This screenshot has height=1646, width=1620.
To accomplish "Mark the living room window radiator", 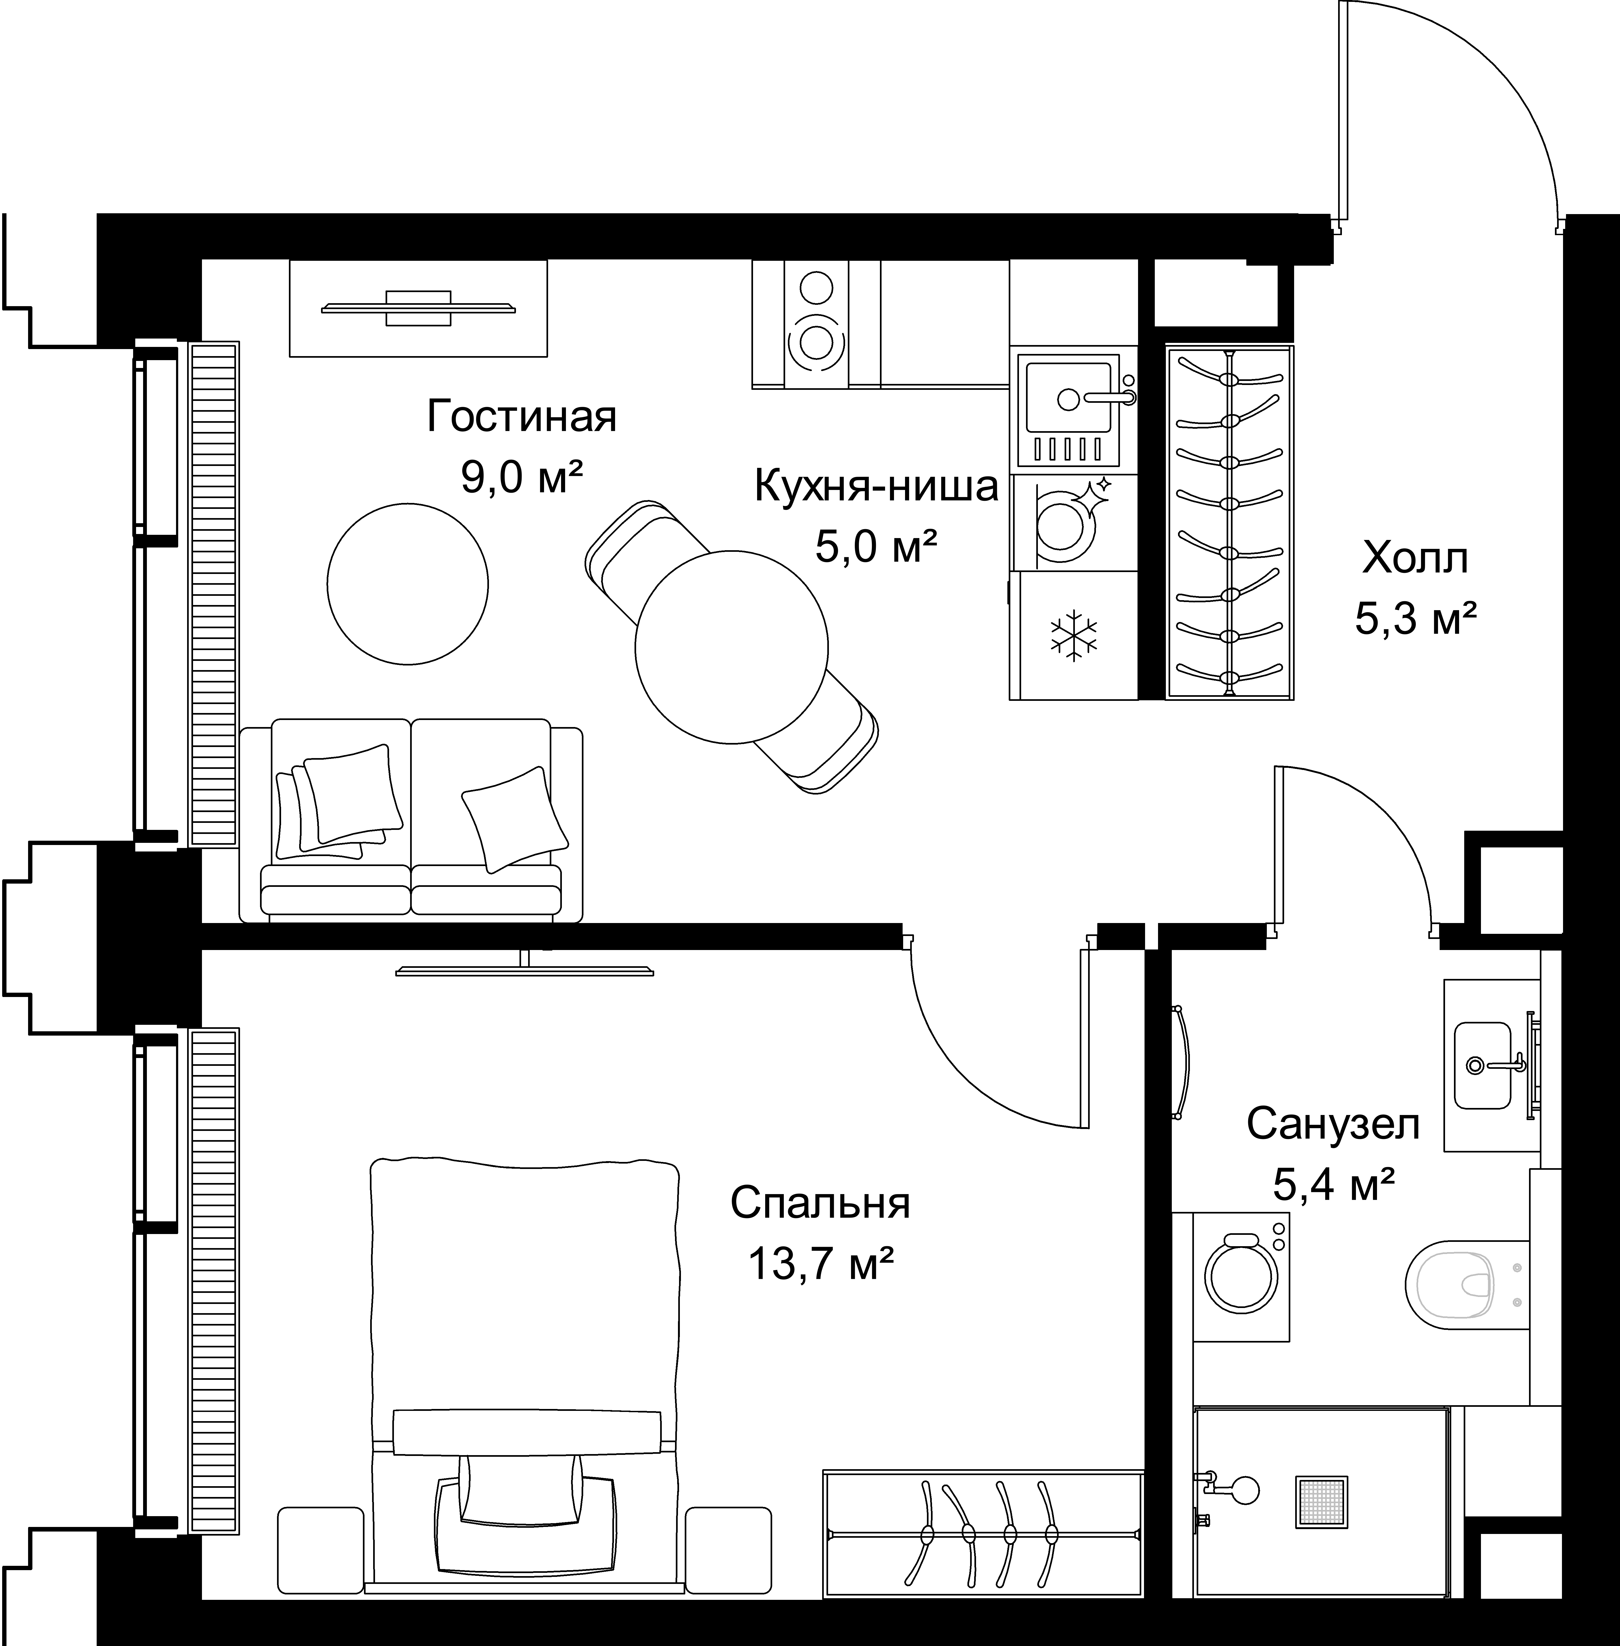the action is point(214,594).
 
